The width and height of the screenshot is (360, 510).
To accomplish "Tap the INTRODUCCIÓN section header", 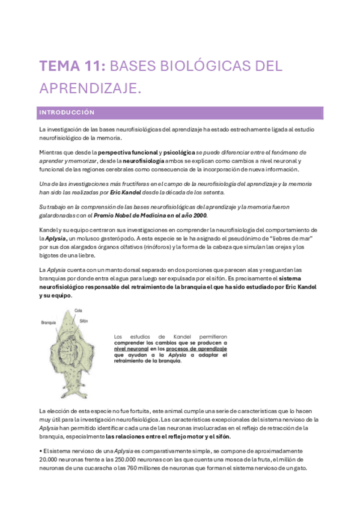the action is [x=67, y=112].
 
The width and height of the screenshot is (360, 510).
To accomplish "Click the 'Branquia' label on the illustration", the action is [x=49, y=322].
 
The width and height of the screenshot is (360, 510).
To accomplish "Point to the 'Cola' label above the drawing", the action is [x=78, y=310].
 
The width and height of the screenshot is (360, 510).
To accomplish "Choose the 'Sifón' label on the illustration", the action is [x=84, y=321].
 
